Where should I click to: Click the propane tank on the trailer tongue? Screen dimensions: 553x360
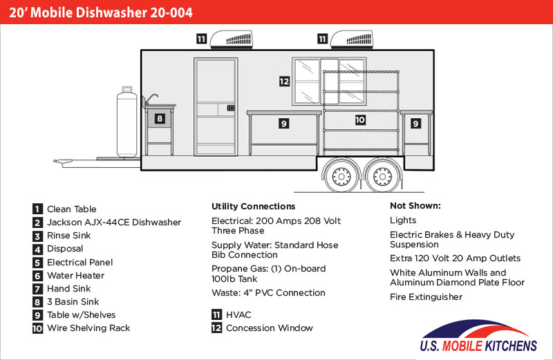[x=126, y=122]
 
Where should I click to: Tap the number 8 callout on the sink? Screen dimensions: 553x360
[x=160, y=118]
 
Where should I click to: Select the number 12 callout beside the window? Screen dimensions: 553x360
[x=284, y=82]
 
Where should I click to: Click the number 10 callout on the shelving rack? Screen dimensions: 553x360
[x=360, y=120]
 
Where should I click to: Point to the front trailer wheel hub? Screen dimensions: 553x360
[x=341, y=176]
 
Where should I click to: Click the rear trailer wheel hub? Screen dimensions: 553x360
[x=382, y=176]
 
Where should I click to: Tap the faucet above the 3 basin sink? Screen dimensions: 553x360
[x=151, y=100]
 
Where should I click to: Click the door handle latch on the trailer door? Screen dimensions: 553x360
[x=231, y=108]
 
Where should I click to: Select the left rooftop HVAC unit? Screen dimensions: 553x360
[x=231, y=39]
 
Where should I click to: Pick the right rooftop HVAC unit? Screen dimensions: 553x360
[x=351, y=39]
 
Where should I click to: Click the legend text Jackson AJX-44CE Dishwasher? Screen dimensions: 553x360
[x=114, y=222]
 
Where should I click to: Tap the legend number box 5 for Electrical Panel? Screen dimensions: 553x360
[x=37, y=263]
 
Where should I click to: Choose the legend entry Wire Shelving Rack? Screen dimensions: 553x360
[x=88, y=328]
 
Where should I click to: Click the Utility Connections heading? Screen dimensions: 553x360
[x=253, y=207]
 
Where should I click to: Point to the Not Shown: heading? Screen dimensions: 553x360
[x=415, y=205]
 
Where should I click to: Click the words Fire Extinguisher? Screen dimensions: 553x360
[x=426, y=297]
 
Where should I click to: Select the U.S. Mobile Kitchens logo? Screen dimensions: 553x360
[x=478, y=337]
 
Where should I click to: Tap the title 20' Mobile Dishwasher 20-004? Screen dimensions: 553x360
[x=101, y=12]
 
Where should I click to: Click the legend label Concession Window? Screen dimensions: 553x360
[x=269, y=328]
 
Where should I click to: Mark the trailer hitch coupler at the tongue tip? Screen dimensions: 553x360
[x=63, y=162]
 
